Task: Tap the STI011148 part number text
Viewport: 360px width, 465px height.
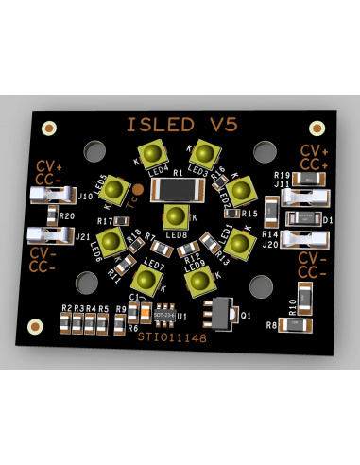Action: [x=170, y=335]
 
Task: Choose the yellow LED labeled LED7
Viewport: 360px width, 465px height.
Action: [x=146, y=277]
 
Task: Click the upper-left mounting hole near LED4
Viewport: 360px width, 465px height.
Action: [x=94, y=151]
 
